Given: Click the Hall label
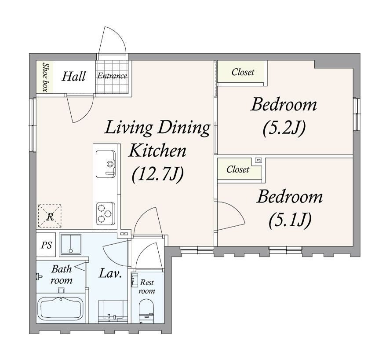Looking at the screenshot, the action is (73, 76).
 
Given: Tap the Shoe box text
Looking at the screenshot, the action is (45, 77).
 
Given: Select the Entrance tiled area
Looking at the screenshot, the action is (112, 77).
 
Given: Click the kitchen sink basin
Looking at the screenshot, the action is (106, 164).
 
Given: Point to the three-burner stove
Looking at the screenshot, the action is (106, 213).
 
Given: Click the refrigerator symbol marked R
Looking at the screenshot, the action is (50, 216).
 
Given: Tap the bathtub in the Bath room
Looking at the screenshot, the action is (61, 308).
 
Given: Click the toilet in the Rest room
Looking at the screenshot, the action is (146, 311).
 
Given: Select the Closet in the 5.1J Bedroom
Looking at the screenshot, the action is (238, 169).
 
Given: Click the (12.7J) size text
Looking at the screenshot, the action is (157, 174).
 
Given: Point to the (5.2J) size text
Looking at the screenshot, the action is (284, 128).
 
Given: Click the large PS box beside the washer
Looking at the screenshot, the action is (46, 245).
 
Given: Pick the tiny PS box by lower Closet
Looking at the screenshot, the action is (258, 160).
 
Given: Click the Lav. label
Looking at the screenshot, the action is (110, 273).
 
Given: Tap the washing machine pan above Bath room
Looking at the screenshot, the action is (71, 244).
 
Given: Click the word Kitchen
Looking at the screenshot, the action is (157, 151).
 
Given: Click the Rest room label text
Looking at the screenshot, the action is (147, 287).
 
